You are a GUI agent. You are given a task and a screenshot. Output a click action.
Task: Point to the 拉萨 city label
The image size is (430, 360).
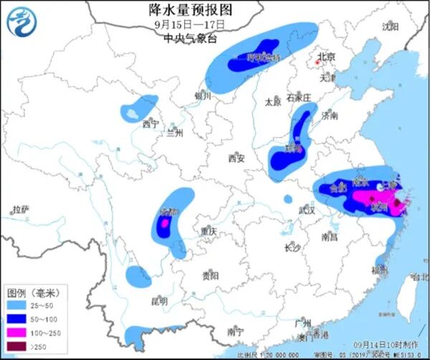20,210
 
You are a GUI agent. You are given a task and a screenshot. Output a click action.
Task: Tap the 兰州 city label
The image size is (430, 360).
175,133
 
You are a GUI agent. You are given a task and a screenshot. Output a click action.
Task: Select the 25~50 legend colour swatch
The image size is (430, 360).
17,306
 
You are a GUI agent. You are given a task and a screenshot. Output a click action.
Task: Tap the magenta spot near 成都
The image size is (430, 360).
163,224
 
